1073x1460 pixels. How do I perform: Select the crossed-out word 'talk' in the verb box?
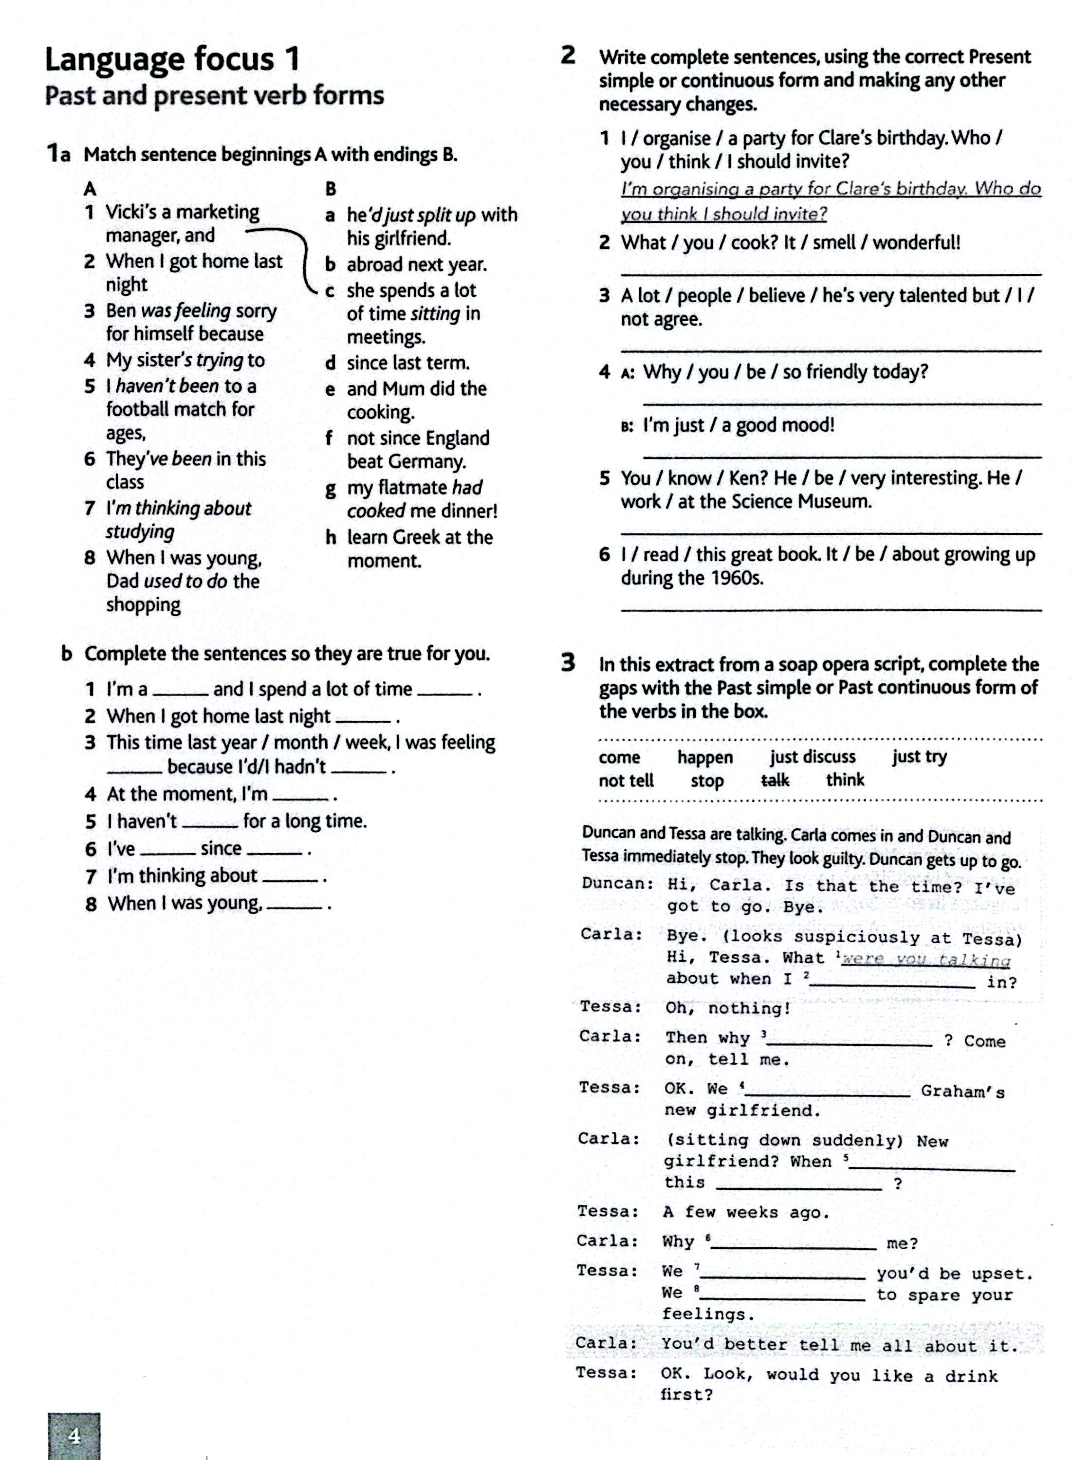775,780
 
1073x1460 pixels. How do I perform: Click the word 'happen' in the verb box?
705,757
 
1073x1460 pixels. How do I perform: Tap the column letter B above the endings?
331,189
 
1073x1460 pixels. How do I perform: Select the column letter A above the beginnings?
90,189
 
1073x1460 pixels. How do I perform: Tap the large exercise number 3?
568,663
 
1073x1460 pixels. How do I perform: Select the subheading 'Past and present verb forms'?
214,95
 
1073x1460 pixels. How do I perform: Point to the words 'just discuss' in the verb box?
813,756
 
